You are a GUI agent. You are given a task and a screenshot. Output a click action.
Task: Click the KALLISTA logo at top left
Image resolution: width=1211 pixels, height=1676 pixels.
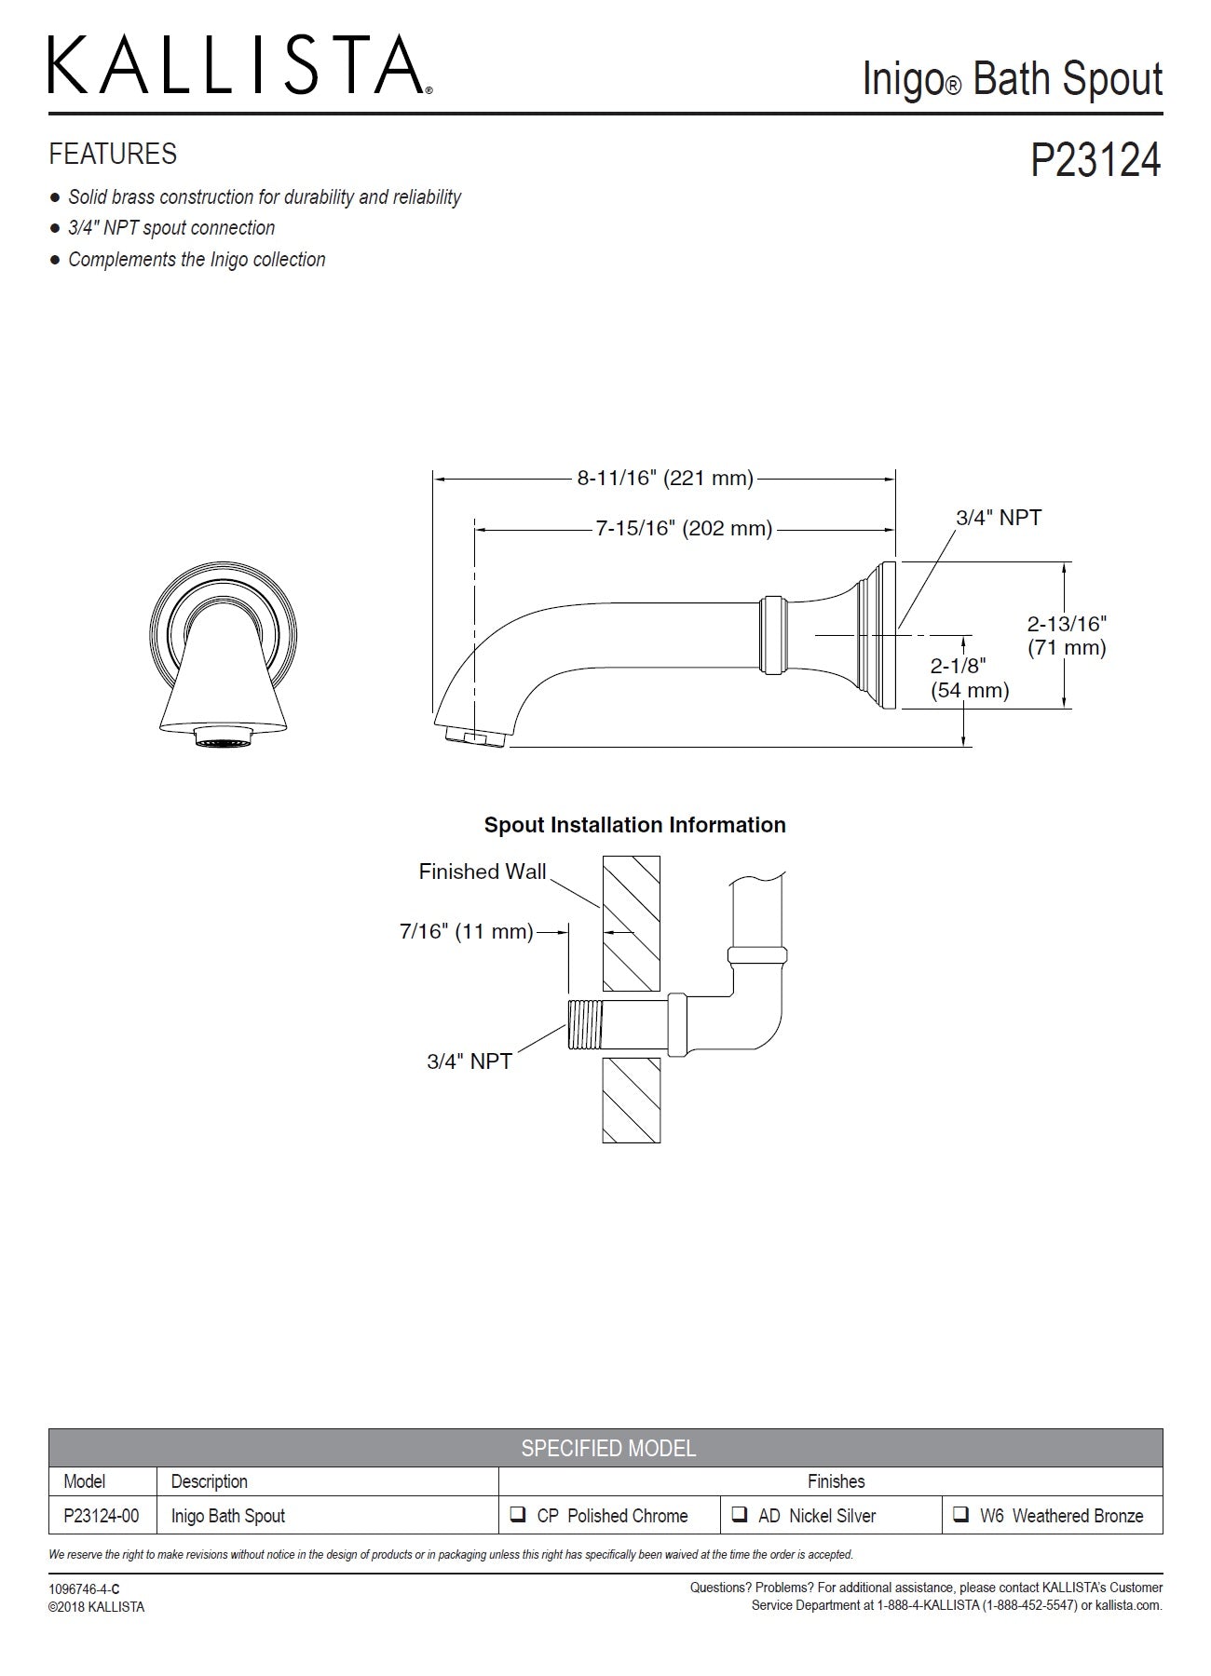(238, 65)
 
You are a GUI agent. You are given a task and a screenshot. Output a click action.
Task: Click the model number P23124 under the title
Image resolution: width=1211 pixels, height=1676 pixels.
(1095, 160)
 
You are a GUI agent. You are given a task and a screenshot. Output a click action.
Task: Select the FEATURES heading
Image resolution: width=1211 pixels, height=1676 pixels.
(113, 154)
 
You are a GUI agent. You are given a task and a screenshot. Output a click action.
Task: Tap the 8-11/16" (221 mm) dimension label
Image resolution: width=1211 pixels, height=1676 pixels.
(664, 479)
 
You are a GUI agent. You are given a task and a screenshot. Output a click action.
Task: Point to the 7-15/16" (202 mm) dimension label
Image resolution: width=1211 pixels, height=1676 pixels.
(684, 529)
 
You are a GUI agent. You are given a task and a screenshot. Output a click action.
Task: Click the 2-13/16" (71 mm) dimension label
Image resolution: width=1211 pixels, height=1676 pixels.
(1067, 635)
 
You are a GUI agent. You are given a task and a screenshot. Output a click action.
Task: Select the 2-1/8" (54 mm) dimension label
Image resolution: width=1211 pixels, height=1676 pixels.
(969, 677)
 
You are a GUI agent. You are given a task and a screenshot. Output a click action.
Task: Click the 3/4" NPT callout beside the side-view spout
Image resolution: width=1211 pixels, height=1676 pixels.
(999, 518)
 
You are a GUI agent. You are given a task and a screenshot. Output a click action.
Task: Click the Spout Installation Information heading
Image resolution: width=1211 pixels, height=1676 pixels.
(634, 825)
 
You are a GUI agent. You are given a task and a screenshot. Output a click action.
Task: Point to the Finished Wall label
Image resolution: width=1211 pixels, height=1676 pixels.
(482, 872)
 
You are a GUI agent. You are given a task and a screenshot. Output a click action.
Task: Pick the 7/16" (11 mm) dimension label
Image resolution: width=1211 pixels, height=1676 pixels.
(466, 931)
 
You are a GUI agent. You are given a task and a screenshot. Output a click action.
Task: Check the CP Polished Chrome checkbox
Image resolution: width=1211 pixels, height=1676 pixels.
(518, 1515)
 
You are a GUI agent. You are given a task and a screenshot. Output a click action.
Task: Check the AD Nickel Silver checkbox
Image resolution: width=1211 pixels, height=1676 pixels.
(740, 1515)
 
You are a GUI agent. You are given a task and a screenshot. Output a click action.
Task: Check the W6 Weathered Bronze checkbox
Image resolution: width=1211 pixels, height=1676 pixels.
(960, 1515)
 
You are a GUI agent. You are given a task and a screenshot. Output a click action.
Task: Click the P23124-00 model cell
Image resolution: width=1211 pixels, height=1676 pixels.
(101, 1516)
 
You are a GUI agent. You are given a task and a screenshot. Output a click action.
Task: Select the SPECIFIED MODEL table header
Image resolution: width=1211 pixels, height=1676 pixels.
(607, 1448)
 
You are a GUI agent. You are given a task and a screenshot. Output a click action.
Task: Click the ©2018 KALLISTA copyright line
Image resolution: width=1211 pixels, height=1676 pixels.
(97, 1606)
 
